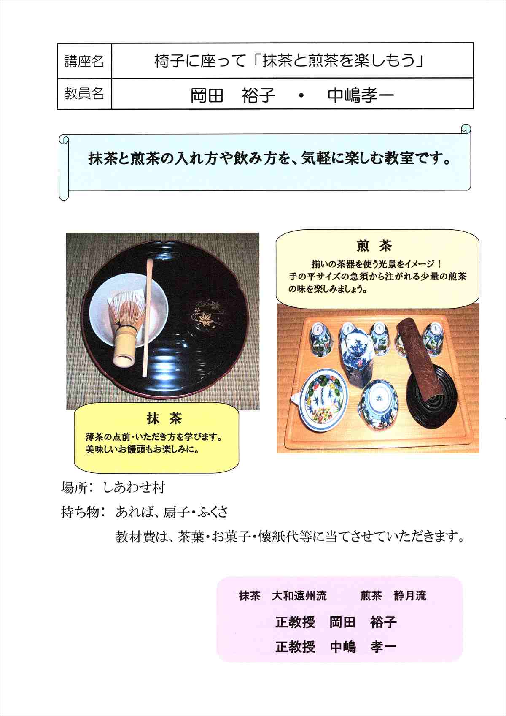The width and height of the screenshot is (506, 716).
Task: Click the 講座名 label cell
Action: (x=84, y=61)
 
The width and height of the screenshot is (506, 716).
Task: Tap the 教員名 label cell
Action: (x=84, y=94)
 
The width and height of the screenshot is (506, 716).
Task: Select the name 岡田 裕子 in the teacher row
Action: (x=233, y=95)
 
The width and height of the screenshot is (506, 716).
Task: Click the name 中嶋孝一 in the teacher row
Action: (x=361, y=95)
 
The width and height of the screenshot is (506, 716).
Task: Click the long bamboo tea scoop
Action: (x=148, y=318)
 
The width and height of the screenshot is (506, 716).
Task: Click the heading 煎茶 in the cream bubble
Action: (x=374, y=246)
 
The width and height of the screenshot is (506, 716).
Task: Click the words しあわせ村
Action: (x=134, y=488)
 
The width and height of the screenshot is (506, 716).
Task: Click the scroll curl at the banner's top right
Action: (x=466, y=129)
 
